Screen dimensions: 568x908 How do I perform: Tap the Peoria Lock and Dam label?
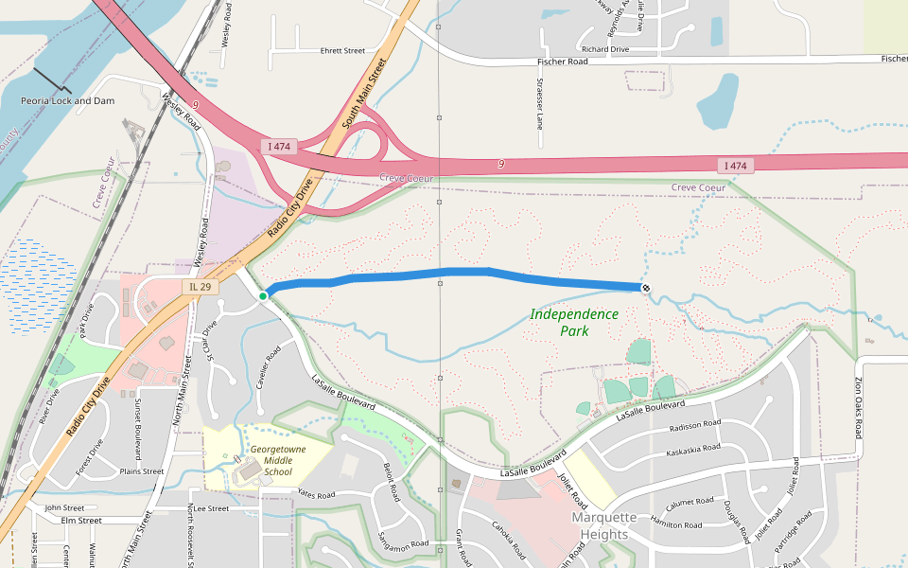[x=68, y=100]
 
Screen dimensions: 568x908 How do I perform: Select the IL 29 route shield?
[x=199, y=286]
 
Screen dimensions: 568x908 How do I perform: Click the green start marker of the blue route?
[x=263, y=296]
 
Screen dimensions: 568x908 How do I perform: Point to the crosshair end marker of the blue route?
[x=646, y=288]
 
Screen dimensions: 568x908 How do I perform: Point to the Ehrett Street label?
[x=342, y=51]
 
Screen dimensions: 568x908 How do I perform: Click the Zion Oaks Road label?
[x=859, y=408]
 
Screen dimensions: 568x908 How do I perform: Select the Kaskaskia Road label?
[x=693, y=448]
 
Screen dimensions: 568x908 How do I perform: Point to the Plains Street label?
[x=142, y=471]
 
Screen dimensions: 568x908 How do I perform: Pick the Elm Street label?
[x=80, y=520]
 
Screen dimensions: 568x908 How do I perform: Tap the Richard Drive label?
[x=605, y=49]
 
